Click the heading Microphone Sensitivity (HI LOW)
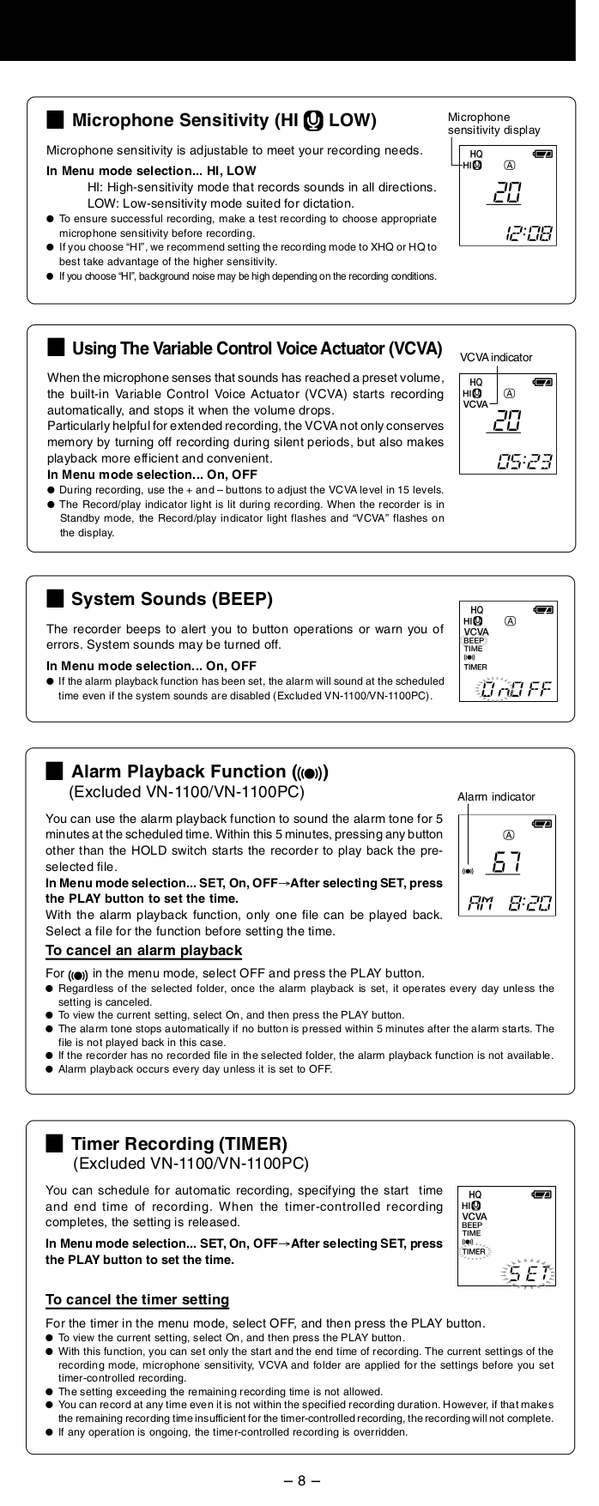223,119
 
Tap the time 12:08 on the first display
528,233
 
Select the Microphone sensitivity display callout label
493,124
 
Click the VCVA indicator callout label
495,357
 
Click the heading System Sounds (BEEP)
172,598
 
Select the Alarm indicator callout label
495,796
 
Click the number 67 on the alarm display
508,861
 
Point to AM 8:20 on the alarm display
510,904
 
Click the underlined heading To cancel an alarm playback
143,950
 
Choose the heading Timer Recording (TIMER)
178,1143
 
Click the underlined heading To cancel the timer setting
137,1299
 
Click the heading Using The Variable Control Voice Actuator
257,348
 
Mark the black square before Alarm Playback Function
54,771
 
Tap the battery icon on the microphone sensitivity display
542,154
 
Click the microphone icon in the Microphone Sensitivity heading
313,119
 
